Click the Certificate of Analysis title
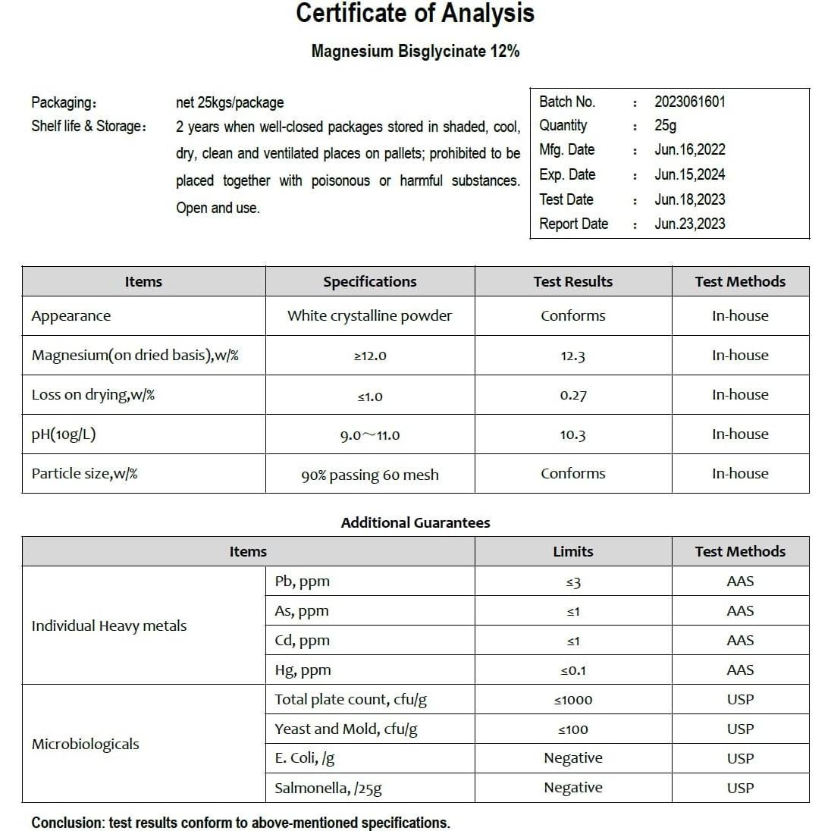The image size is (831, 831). (415, 14)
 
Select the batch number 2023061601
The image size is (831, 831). (689, 102)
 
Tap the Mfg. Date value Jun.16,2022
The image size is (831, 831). (689, 150)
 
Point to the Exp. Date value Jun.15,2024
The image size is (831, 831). (689, 175)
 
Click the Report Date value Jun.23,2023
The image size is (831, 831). (689, 224)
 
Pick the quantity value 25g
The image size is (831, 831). (665, 126)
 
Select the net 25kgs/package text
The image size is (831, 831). (230, 102)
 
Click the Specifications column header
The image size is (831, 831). (369, 281)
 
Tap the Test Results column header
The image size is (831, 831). (572, 281)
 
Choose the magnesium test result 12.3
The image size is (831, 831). (572, 356)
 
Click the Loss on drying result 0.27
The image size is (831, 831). (572, 395)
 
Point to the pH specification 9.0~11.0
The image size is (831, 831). (369, 435)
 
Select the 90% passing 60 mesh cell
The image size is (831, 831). (369, 475)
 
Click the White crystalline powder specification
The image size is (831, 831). (369, 316)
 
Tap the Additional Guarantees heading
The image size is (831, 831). (415, 522)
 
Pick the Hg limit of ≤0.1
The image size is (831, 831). (572, 670)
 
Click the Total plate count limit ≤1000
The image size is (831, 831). (572, 700)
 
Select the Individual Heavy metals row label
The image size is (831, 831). (108, 626)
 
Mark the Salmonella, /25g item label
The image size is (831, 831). (328, 788)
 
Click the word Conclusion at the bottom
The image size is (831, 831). (66, 823)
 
